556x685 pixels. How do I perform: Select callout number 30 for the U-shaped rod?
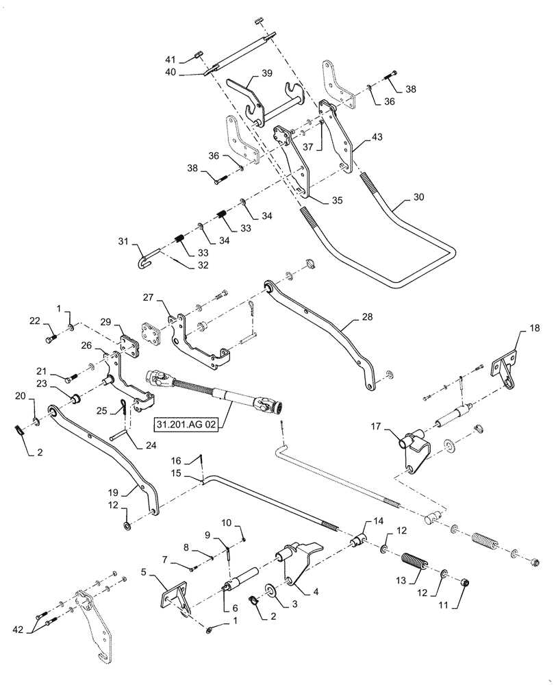(418, 196)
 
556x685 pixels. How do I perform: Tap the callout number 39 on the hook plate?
(266, 73)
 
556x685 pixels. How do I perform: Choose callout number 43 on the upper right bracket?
(377, 138)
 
